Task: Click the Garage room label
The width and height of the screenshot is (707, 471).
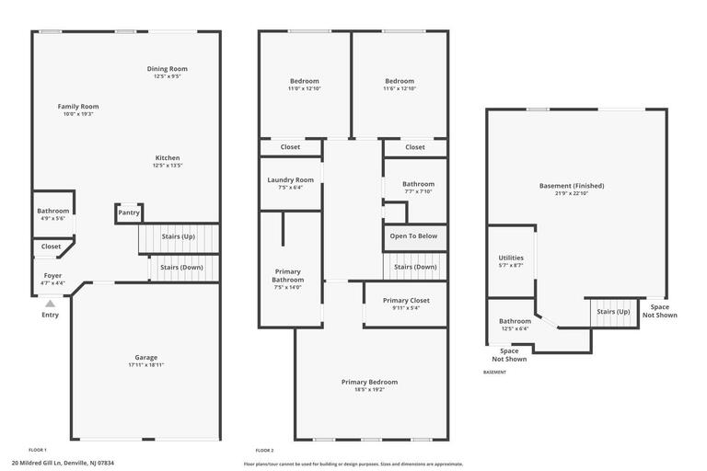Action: (145, 357)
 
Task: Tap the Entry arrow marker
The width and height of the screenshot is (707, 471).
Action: (50, 303)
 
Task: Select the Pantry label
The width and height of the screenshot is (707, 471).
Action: (129, 213)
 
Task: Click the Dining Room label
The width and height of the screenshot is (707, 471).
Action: (168, 69)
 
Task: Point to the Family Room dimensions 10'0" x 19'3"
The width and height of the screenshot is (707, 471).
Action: (78, 115)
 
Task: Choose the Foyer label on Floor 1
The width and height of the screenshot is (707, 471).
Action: (52, 275)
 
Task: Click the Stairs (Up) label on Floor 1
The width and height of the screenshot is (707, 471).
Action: (178, 236)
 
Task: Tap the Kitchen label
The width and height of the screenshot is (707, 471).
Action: (168, 157)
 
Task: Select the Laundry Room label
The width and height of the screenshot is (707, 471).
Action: (290, 179)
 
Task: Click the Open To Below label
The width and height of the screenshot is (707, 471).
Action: (413, 236)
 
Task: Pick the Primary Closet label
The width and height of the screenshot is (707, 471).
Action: (406, 300)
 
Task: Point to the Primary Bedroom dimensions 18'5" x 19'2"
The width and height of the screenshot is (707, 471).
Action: (369, 390)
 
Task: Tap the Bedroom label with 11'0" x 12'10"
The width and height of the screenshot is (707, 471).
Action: (304, 81)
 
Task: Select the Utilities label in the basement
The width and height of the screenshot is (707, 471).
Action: (511, 258)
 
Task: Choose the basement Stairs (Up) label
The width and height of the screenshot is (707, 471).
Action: (613, 312)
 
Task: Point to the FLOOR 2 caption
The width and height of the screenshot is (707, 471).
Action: (264, 450)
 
